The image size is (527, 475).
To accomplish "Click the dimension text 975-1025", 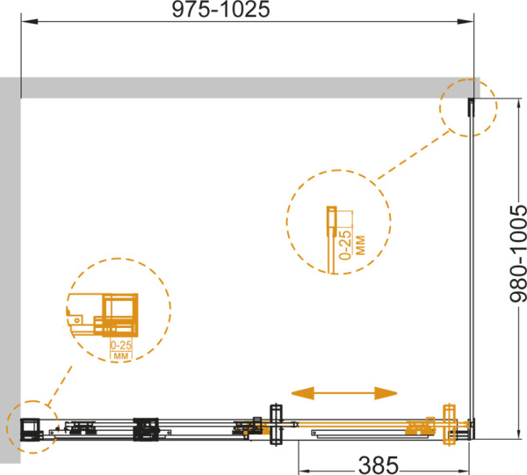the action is [220, 10].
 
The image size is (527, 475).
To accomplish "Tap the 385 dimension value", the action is [379, 465].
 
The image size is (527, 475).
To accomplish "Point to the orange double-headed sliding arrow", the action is [344, 393].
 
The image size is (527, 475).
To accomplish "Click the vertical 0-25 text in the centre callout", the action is [345, 245].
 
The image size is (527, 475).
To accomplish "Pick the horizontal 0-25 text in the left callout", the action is [121, 346].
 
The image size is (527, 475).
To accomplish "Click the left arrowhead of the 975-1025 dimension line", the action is [30, 21].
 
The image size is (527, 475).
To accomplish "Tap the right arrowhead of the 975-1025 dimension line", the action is [466, 21].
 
